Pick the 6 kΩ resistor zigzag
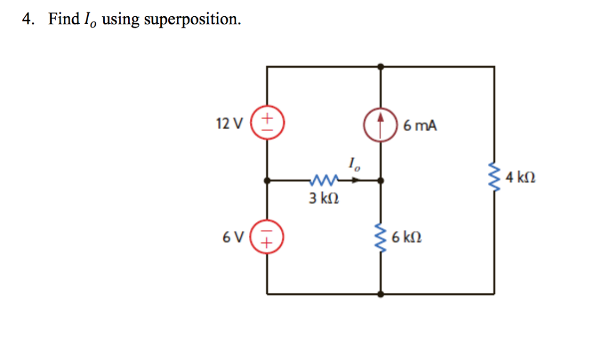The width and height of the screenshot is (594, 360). (381, 237)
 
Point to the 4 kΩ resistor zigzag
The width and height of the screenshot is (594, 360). (494, 176)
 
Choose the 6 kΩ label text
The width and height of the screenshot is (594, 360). (407, 237)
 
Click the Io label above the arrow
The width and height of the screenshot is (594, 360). (354, 164)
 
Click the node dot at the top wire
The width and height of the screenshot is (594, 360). (381, 67)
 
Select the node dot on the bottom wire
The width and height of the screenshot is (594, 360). (381, 294)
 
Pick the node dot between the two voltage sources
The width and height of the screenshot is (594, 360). (267, 180)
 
